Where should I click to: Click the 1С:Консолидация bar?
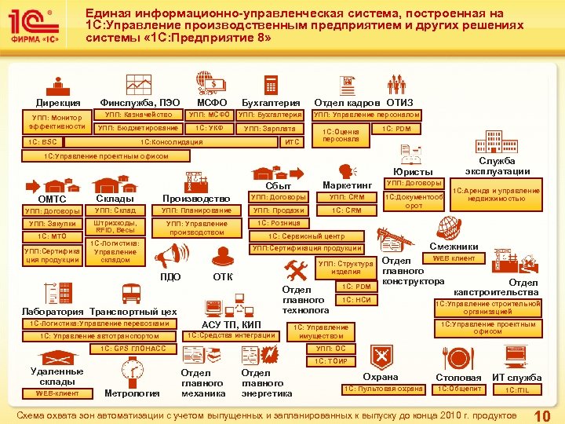click(x=170, y=142)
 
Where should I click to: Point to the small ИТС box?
click(x=291, y=142)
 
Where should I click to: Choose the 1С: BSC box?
click(x=43, y=142)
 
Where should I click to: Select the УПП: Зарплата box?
click(x=269, y=128)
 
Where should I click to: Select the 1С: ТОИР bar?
click(x=330, y=360)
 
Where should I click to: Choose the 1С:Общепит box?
click(x=459, y=389)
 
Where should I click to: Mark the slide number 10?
click(x=541, y=415)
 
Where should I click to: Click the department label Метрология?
click(x=132, y=393)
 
